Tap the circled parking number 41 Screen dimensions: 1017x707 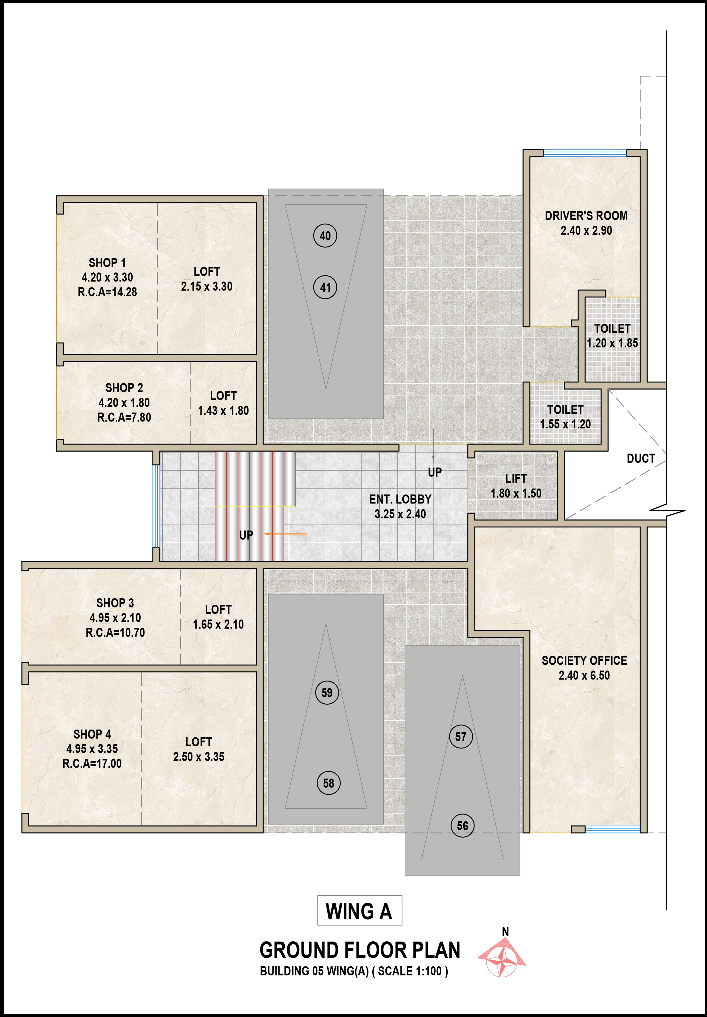(x=325, y=287)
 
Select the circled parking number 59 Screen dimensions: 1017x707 (x=327, y=692)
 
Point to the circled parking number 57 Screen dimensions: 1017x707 (x=461, y=737)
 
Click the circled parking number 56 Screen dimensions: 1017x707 (x=462, y=825)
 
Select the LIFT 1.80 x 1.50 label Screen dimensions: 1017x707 (x=516, y=486)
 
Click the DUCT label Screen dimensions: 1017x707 (x=641, y=458)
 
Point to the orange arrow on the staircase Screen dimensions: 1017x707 (x=286, y=534)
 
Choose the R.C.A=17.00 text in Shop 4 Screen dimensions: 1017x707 (x=92, y=763)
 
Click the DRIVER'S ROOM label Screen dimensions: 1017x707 (x=586, y=216)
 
